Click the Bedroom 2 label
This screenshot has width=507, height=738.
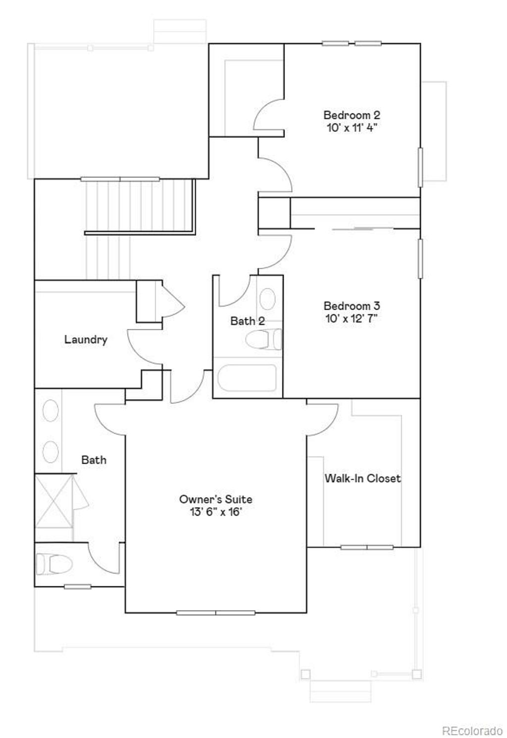click(352, 115)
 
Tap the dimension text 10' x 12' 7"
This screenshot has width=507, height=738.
click(352, 318)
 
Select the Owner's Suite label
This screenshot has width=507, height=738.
click(215, 499)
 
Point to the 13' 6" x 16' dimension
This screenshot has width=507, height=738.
click(215, 512)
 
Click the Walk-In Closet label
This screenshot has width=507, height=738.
click(362, 478)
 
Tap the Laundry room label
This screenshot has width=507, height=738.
click(86, 340)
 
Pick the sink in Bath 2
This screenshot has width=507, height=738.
click(267, 299)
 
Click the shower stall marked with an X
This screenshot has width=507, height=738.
click(53, 501)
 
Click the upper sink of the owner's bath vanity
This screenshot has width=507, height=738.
click(51, 411)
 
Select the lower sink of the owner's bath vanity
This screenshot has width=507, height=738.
click(51, 452)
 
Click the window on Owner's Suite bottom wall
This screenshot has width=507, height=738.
click(215, 613)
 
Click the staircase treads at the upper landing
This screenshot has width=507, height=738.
click(139, 206)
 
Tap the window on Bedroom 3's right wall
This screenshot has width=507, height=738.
click(420, 259)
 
